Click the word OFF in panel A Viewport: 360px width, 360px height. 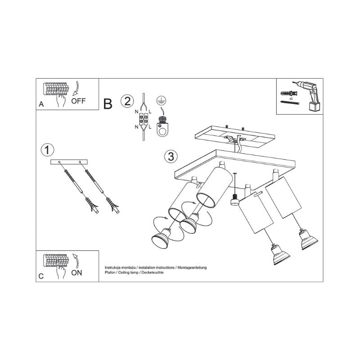[78, 101]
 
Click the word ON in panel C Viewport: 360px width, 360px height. [76, 273]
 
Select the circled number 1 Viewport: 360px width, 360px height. [47, 150]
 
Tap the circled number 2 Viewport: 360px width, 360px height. [127, 101]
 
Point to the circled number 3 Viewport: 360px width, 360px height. [171, 156]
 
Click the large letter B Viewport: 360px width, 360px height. [108, 104]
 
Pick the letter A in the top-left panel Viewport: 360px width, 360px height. [41, 104]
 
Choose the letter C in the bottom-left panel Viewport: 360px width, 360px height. [41, 276]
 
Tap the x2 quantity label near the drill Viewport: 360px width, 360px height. [291, 98]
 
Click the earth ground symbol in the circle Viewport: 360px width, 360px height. [162, 100]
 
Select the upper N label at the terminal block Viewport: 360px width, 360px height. [136, 112]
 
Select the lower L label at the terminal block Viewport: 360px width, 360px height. [150, 126]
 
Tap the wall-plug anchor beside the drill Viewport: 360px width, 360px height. [289, 94]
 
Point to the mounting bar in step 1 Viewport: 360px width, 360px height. [69, 162]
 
